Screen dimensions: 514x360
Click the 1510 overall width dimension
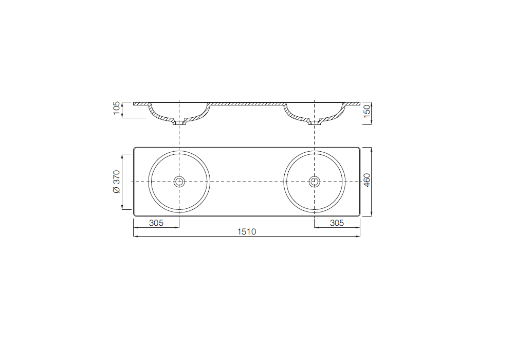[x=247, y=232]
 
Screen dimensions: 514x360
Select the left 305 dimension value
[x=156, y=223]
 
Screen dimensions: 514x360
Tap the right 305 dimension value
[x=337, y=223]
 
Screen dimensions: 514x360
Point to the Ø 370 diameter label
[x=117, y=182]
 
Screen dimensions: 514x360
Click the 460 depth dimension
[x=367, y=180]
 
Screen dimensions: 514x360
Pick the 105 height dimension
[x=117, y=108]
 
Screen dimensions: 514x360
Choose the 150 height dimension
[x=367, y=111]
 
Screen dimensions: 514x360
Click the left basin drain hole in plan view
[x=179, y=182]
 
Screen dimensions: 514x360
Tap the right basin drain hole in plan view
[x=315, y=182]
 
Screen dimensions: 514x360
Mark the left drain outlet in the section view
[x=179, y=123]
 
